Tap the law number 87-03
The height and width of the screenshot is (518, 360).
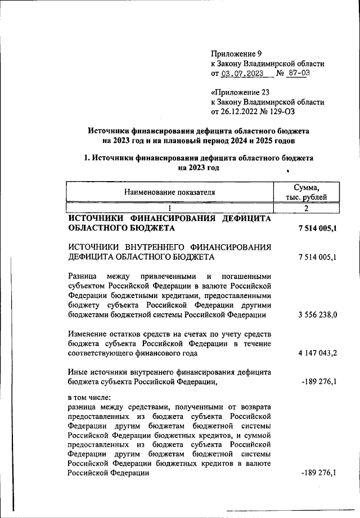pos(298,74)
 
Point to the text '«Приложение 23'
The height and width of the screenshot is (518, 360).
pos(237,92)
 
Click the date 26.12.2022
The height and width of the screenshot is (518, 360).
pos(240,111)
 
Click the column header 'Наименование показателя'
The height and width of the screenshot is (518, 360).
pos(170,192)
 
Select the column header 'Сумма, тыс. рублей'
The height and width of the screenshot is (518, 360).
pos(307,192)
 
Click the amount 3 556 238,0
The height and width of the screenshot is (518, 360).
pos(317,315)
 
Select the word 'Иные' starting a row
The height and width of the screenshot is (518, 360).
pos(76,372)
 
